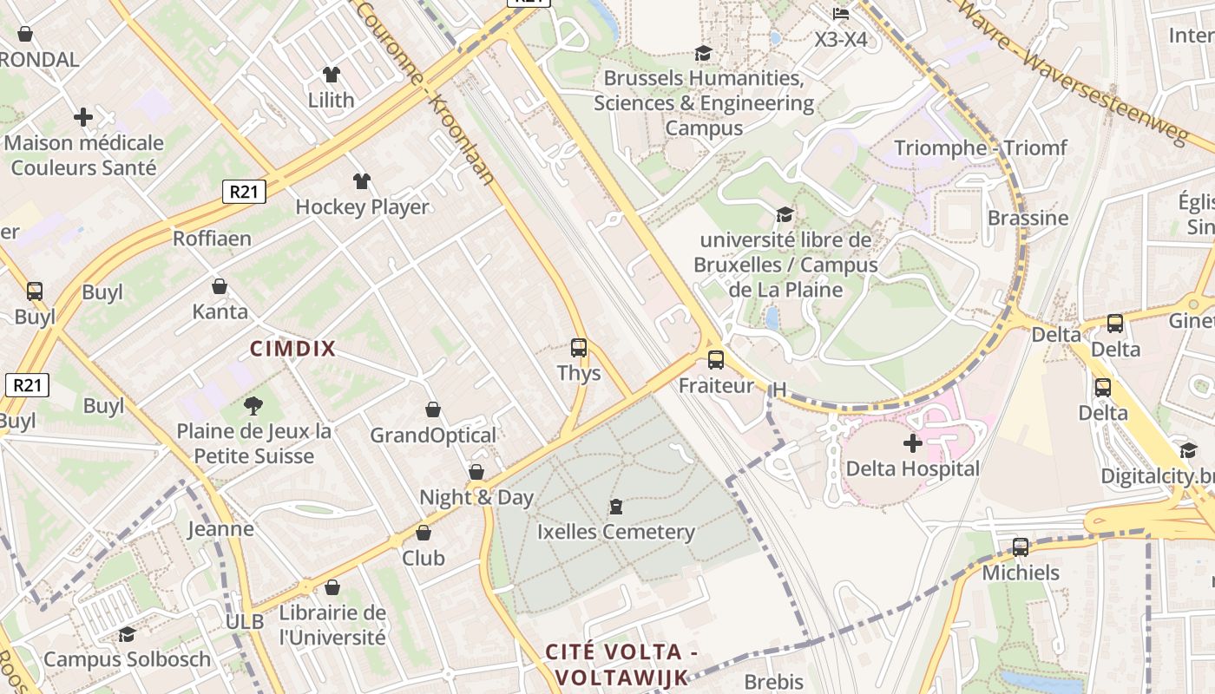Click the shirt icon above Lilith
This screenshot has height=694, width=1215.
tap(331, 75)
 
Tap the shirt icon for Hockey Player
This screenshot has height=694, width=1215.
tap(362, 181)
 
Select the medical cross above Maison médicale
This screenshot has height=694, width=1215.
tap(83, 116)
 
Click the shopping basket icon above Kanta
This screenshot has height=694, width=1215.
tap(220, 286)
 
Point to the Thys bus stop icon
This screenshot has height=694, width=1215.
tap(579, 348)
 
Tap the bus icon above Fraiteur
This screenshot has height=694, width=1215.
tap(716, 359)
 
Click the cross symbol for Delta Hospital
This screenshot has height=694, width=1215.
tap(912, 443)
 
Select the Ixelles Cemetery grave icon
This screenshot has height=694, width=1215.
tap(616, 506)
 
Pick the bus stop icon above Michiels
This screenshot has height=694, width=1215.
tap(1021, 547)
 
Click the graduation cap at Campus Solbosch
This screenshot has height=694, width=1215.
tap(127, 634)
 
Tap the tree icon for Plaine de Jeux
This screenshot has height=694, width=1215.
tap(253, 405)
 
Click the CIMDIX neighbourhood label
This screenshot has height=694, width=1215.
tap(292, 349)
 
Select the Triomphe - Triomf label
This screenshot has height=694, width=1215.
tap(981, 147)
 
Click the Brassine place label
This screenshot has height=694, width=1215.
tap(1028, 217)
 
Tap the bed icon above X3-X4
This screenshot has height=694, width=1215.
tap(840, 14)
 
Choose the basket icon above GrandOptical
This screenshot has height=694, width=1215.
tap(433, 409)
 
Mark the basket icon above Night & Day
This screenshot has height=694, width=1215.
tap(476, 472)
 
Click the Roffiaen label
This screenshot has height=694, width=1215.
tap(212, 238)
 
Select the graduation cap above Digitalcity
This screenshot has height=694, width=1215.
tap(1188, 450)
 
